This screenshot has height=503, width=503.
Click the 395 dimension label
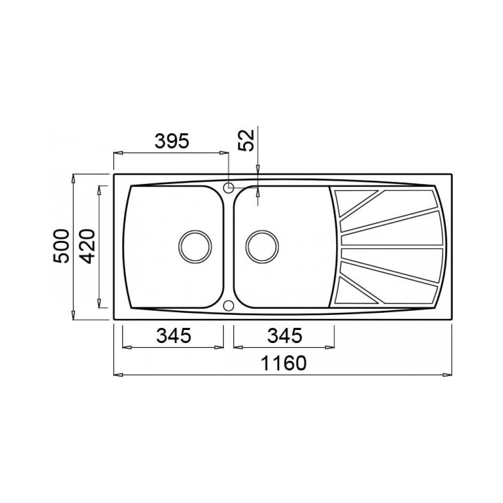(172, 141)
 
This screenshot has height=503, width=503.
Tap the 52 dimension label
(246, 140)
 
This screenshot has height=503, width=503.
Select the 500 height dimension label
(61, 246)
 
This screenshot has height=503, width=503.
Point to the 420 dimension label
(88, 246)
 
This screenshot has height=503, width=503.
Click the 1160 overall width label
(284, 364)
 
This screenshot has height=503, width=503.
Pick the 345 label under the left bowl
(174, 336)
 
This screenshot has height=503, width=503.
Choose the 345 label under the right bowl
(285, 336)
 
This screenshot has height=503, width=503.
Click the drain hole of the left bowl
(195, 246)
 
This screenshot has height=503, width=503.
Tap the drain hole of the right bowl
(262, 246)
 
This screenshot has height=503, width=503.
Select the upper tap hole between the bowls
(228, 188)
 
